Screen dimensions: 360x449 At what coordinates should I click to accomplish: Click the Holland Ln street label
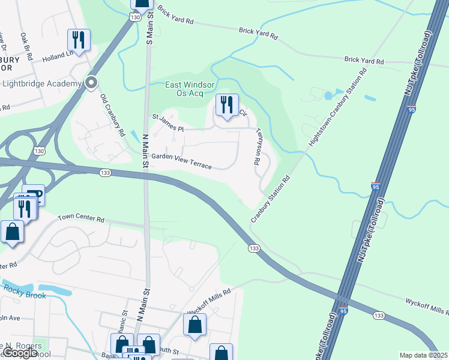point(57,56)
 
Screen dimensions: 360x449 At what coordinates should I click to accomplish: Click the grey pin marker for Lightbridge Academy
point(91,83)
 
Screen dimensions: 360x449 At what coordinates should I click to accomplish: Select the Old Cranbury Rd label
point(112,114)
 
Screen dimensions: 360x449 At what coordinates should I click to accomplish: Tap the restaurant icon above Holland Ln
point(79,40)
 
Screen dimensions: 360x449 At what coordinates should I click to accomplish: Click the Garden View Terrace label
point(181,160)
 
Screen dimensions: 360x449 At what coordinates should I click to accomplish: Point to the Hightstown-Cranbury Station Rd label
point(337,108)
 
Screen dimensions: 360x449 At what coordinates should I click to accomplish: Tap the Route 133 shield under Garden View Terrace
point(105,173)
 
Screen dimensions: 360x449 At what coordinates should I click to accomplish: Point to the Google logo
point(20,353)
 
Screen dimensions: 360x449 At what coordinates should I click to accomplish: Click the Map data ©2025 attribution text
point(423,355)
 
